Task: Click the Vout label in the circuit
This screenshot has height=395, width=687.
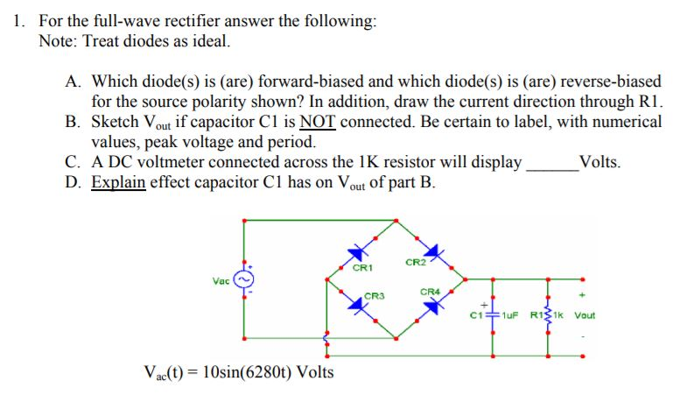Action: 584,315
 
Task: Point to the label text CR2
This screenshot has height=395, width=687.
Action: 415,262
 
